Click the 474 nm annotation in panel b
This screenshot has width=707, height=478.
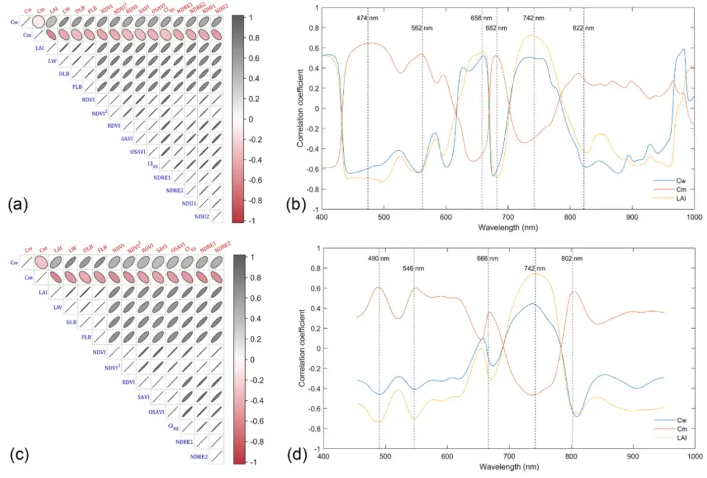[367, 18]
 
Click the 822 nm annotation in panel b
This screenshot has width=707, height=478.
[583, 28]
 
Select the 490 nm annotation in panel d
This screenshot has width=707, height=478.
[378, 259]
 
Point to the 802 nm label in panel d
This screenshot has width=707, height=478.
[571, 259]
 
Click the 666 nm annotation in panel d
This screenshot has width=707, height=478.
[488, 259]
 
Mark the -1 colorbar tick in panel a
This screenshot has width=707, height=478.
[253, 221]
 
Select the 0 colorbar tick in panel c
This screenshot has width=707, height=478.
[251, 360]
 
